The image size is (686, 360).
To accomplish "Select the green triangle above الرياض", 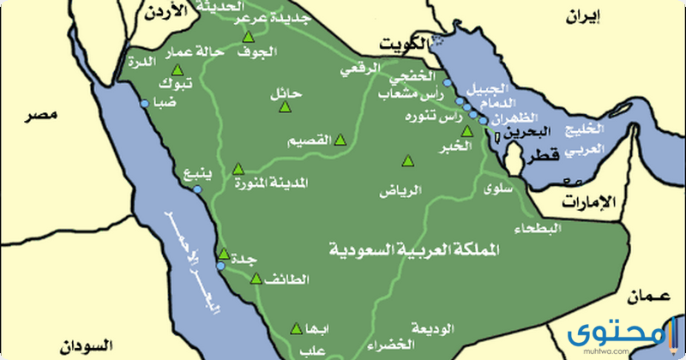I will (407, 160).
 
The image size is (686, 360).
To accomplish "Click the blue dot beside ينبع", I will (200, 181).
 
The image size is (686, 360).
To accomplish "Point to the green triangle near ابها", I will (297, 327).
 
